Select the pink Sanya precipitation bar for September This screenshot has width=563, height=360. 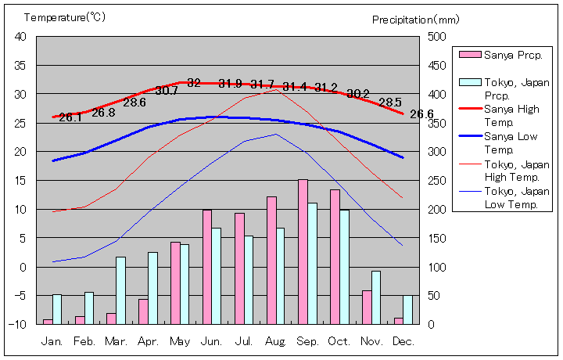[303, 251]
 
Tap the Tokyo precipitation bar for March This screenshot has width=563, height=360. [121, 290]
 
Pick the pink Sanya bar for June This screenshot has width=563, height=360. [207, 266]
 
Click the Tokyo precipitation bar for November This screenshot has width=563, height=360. [376, 297]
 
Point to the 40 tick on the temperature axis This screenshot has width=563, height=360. [20, 37]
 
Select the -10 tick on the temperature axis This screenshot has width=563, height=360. [19, 324]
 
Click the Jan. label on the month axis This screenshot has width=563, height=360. [52, 342]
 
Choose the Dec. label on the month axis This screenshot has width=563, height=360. [403, 342]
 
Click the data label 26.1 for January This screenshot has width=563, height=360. [70, 117]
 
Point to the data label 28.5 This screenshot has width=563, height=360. [390, 102]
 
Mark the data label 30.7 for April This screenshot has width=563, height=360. [167, 91]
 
